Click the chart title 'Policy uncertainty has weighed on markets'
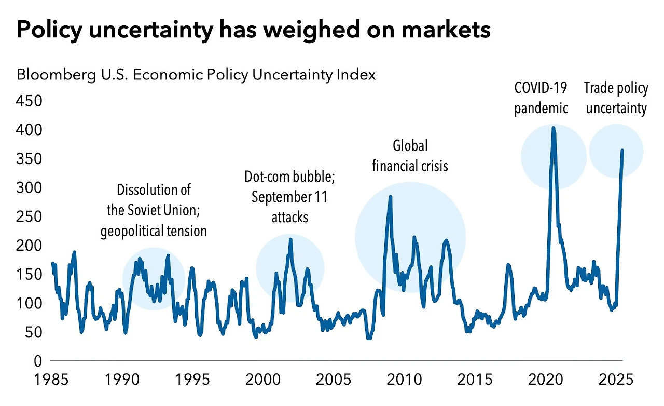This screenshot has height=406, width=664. tap(253, 31)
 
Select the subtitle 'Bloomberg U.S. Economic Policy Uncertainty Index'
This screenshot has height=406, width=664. tap(196, 75)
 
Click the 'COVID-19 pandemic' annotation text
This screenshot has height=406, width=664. tap(541, 98)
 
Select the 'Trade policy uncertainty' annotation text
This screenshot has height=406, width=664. tap(616, 98)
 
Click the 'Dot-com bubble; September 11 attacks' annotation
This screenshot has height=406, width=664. tap(289, 197)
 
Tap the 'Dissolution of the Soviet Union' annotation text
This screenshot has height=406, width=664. tap(153, 210)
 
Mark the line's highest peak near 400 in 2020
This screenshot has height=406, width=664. tap(553, 128)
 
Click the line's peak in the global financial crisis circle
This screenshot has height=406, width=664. tap(390, 197)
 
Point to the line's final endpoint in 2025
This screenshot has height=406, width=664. tap(622, 151)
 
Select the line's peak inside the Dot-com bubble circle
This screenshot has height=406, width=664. tap(290, 239)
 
